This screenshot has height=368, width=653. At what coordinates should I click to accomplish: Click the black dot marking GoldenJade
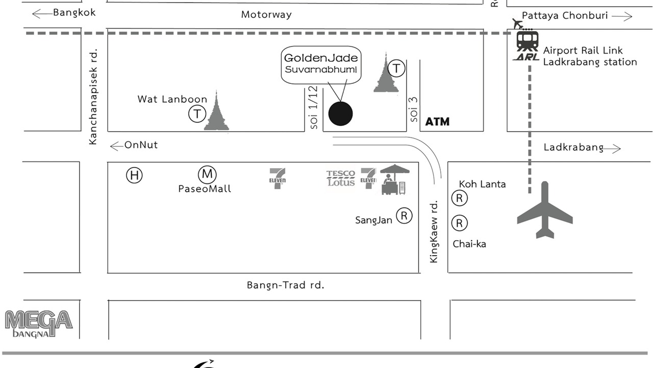(340, 113)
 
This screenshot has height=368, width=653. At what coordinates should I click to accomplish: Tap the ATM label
(437, 122)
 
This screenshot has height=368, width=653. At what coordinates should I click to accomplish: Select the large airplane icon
(545, 210)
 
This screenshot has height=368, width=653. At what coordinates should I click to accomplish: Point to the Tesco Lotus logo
(340, 178)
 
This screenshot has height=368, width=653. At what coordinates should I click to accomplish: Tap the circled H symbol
(134, 175)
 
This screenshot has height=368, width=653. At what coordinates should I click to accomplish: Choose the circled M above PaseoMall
(207, 174)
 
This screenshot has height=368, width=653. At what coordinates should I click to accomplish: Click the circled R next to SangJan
(405, 216)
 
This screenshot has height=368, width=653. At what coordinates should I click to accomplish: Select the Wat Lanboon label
(172, 99)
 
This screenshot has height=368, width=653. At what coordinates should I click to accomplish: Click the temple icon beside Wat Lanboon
(216, 111)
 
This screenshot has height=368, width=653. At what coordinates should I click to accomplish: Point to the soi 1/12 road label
(314, 107)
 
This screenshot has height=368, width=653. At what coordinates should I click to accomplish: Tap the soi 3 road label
(414, 109)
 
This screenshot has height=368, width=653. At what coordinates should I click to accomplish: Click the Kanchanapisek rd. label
(93, 97)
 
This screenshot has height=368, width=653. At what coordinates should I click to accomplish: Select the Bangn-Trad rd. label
(285, 285)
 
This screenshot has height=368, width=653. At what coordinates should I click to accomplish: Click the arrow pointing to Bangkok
(42, 14)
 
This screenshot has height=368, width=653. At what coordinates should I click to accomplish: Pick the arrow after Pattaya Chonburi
(622, 16)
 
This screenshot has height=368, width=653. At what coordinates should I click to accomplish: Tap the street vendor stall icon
(394, 179)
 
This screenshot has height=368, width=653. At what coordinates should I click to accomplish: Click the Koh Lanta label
(482, 185)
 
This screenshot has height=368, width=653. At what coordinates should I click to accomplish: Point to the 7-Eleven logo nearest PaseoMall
(277, 178)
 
